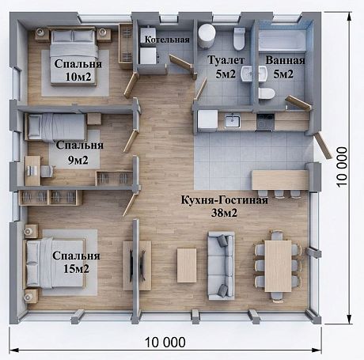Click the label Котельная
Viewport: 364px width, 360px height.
click(167, 40)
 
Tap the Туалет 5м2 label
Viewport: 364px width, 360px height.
click(226, 67)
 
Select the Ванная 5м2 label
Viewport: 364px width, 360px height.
click(285, 67)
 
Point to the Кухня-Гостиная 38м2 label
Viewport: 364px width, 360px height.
click(225, 207)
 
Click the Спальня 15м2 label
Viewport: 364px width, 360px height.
click(76, 262)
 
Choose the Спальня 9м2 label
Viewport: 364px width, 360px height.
click(79, 153)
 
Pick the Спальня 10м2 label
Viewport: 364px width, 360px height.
click(78, 70)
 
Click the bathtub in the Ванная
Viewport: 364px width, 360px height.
click(282, 40)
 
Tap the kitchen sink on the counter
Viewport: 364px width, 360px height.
click(233, 121)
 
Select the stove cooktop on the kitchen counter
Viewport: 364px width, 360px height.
click(265, 122)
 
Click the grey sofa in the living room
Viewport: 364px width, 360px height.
click(222, 266)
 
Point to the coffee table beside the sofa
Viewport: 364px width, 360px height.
click(187, 265)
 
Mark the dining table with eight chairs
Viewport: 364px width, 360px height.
click(278, 266)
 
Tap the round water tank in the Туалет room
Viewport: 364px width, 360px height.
click(207, 36)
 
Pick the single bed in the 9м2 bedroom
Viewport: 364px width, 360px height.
click(56, 127)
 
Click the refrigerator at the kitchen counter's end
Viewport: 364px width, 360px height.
click(207, 120)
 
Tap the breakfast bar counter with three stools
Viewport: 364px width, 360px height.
click(280, 180)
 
